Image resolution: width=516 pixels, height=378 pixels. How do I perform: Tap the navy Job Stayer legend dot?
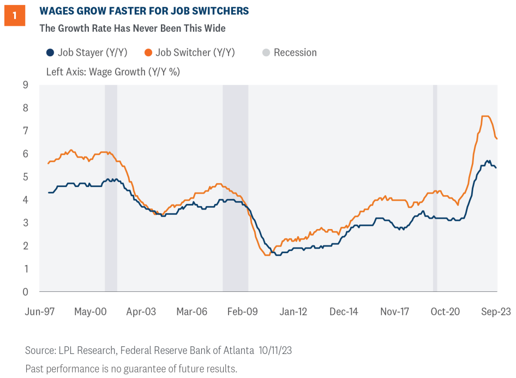pos(50,53)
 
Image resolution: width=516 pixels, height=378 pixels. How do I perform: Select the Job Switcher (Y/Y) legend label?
pos(195,53)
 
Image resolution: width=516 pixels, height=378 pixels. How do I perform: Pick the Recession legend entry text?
pos(295,53)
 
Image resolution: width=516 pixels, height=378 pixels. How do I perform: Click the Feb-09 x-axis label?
pos(242,311)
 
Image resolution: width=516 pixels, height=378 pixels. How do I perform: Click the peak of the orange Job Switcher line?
pos(485,116)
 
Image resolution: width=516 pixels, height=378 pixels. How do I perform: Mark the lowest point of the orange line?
pos(267,255)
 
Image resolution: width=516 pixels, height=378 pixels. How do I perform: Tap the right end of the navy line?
pos(496,167)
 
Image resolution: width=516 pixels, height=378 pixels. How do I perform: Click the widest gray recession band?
pos(235,188)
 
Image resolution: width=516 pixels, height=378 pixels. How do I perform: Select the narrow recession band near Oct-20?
pos(435,188)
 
